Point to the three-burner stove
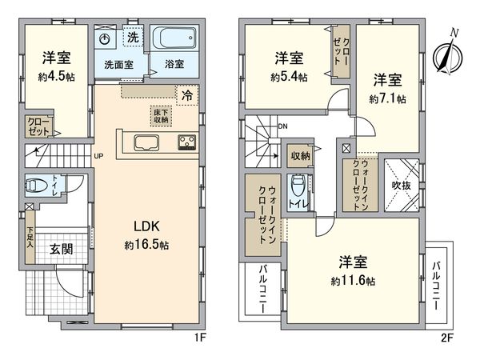[x=187, y=143]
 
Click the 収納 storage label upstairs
[x=300, y=155]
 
